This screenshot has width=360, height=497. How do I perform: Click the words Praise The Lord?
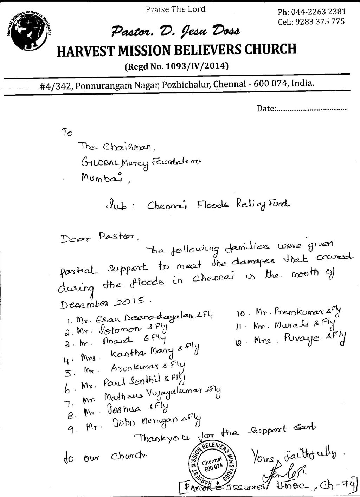tap(175, 9)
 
